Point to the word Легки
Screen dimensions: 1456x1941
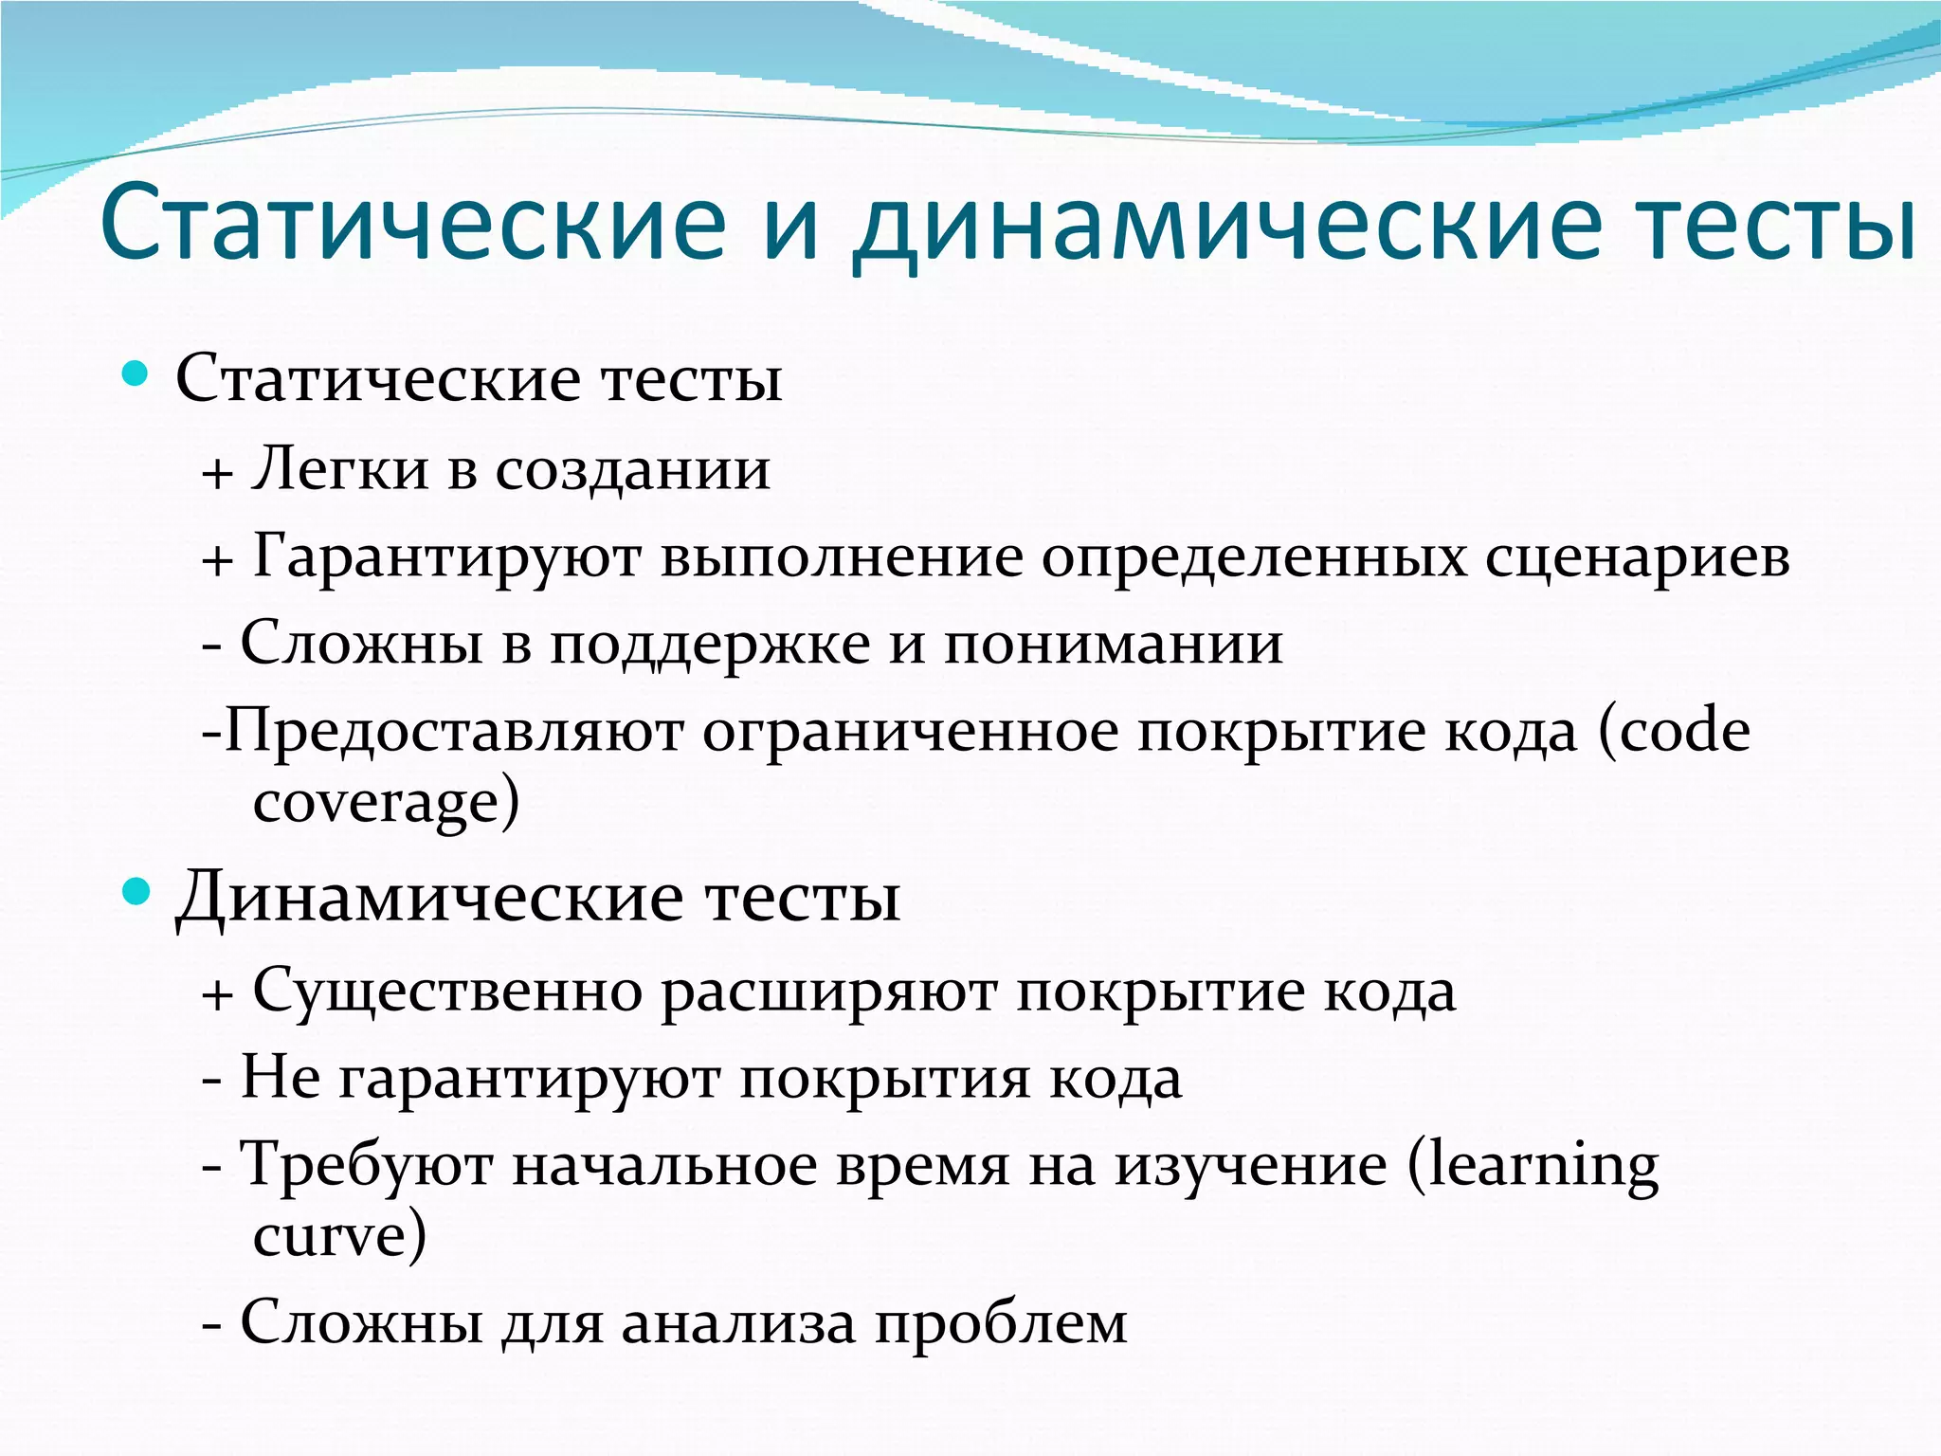[339, 469]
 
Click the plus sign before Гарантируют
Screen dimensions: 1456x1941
[217, 559]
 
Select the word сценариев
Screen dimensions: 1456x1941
[1637, 557]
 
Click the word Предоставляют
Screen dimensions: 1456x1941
[454, 732]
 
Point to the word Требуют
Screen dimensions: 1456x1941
[365, 1165]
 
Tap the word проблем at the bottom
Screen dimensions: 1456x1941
[1001, 1324]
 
